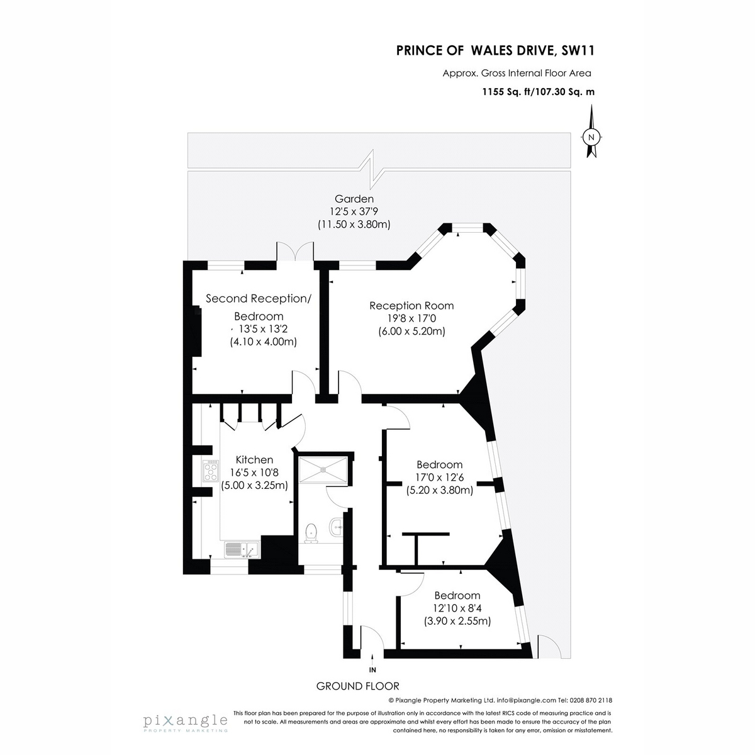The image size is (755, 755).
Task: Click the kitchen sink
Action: pos(241,549)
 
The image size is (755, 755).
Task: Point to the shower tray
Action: pos(323,469)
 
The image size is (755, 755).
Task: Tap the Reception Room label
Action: pos(411,306)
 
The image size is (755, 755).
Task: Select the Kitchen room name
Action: pos(254,460)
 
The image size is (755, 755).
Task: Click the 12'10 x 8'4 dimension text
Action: pos(457,608)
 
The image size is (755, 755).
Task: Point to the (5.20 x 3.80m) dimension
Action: pos(440,490)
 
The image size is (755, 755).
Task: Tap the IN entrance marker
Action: pos(372,669)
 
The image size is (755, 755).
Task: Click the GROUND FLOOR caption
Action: pos(357,686)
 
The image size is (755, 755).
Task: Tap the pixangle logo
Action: pos(185,721)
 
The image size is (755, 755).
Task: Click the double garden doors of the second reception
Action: pos(295,252)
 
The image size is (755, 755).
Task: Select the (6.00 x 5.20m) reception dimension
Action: pos(411,331)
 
